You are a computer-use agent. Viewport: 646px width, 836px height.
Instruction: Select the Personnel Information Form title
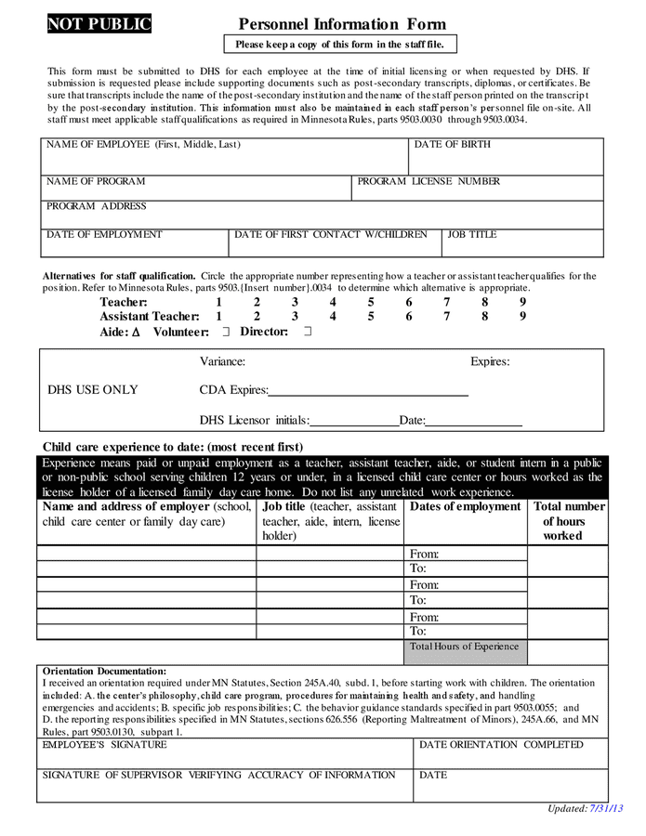point(341,25)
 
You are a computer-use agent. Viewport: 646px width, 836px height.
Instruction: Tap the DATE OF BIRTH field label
point(453,145)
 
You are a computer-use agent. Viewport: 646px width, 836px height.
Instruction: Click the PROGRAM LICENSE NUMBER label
point(428,182)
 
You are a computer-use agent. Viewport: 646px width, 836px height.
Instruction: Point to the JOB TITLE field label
point(472,235)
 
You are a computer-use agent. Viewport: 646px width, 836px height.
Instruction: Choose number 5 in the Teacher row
point(370,302)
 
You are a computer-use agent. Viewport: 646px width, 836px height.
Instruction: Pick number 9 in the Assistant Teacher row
point(522,317)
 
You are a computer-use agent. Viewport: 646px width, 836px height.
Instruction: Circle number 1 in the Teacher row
point(218,302)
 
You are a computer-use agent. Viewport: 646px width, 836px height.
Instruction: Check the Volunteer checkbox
point(225,332)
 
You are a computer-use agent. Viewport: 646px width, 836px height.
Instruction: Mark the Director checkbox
point(307,332)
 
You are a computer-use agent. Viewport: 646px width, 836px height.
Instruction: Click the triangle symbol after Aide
point(136,332)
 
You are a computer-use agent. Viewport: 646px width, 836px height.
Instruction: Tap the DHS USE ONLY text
point(93,390)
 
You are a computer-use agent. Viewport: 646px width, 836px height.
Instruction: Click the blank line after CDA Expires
point(368,392)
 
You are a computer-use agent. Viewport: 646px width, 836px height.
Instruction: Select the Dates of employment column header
point(465,507)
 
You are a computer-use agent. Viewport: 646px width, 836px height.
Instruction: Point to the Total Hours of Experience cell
point(465,647)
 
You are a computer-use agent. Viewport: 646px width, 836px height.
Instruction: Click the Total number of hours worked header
point(568,521)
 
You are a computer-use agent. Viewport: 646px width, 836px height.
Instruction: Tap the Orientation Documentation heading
point(105,672)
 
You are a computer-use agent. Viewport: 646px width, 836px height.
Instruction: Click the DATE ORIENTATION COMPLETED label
point(501,745)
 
